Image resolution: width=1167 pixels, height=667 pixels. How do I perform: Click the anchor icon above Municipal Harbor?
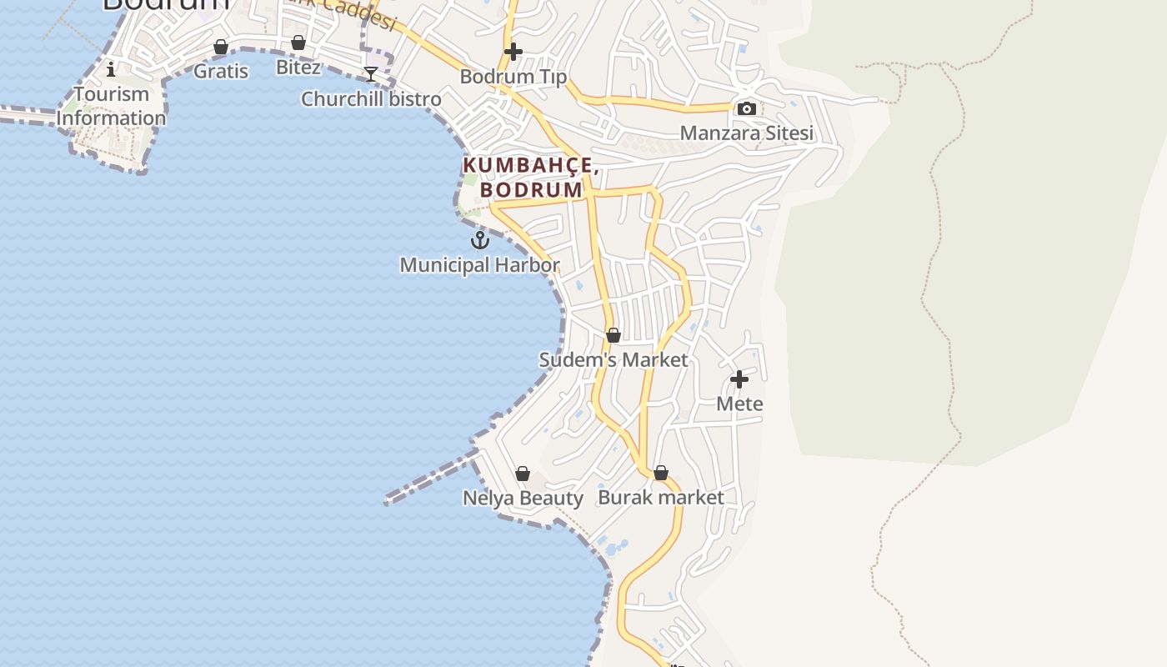coord(479,240)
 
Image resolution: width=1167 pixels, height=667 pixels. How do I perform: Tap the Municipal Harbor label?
coord(479,265)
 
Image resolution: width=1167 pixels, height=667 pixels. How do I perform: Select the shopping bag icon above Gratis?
coord(221,47)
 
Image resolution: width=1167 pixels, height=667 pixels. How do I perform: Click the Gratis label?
coord(221,71)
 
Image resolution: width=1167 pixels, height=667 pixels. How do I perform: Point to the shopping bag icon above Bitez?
coord(298,43)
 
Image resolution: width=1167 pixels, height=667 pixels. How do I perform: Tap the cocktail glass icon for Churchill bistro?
coord(371,74)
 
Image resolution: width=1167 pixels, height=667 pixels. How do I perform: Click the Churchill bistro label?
coord(371,99)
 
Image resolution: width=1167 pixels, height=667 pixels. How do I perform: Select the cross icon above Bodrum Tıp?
coord(513,52)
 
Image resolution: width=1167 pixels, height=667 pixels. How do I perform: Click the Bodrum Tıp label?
coord(513,77)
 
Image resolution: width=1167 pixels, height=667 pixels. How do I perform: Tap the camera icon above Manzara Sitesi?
coord(746,108)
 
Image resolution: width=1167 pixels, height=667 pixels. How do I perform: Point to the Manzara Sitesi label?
coord(746,133)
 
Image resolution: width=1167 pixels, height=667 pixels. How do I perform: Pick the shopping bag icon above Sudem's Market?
coord(614,335)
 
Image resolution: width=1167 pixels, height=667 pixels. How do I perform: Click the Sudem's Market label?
coord(614,360)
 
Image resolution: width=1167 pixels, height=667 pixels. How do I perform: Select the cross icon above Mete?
coord(739,379)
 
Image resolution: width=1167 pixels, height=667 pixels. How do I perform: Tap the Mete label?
coord(739,404)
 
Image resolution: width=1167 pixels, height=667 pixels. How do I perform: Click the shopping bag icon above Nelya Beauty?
coord(523,474)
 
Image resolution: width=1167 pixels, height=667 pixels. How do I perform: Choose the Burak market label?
coord(661,498)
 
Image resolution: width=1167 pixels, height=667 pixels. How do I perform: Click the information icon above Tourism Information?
coord(111,69)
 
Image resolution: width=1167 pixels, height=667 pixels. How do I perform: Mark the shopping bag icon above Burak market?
coord(661,473)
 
